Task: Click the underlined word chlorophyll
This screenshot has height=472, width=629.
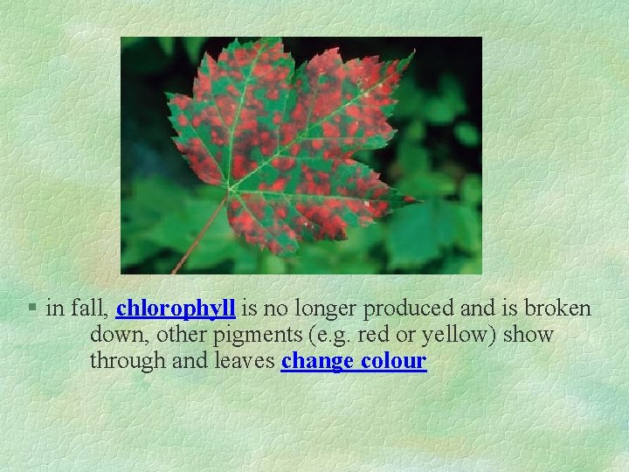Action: point(176,309)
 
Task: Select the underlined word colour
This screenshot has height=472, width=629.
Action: point(391,361)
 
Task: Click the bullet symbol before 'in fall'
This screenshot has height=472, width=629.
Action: point(31,308)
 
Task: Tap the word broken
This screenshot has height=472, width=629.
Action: point(559,308)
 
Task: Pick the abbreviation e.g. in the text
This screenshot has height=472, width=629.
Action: point(335,336)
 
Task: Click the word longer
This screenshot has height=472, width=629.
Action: point(328,309)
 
